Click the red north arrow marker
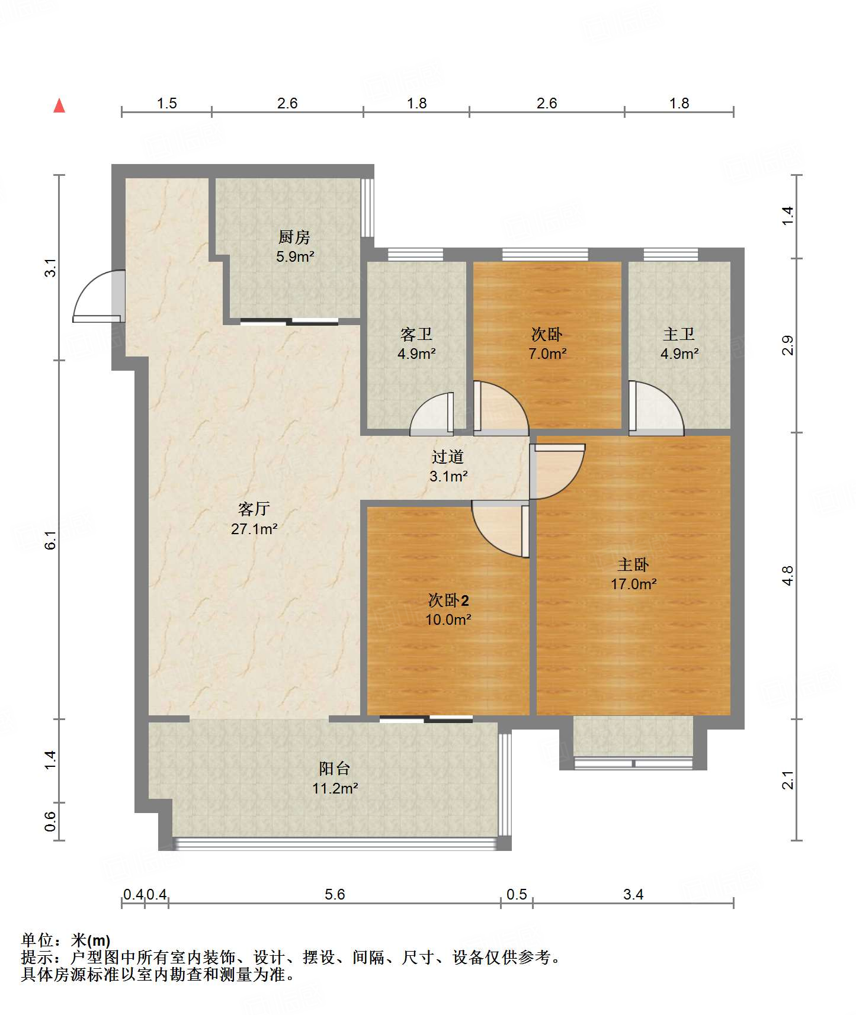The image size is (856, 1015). point(59,105)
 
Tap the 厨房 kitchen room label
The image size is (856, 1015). point(294,237)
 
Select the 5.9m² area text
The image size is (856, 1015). point(295,256)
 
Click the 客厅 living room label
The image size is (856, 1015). point(254,509)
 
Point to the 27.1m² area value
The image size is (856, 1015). point(254,528)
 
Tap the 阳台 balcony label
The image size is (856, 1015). point(335,768)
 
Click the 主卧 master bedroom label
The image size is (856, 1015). point(633,564)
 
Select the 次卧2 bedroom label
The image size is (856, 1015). point(448,600)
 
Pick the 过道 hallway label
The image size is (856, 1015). point(448,457)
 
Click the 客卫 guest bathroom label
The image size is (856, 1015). point(416,335)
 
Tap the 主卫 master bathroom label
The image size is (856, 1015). point(679,335)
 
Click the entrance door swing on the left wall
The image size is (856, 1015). point(99,296)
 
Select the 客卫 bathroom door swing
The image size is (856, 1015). point(432,413)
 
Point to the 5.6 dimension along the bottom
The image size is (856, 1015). point(335,894)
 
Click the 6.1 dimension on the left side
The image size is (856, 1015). point(50,540)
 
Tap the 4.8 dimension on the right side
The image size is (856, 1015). point(787,576)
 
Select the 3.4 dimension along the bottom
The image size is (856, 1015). point(633,894)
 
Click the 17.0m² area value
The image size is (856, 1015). point(633,584)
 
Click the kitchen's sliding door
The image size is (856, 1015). point(290,322)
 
